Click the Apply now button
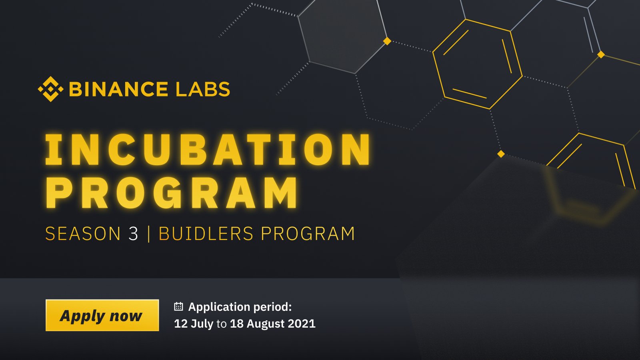(x=102, y=315)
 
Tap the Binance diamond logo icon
(x=50, y=89)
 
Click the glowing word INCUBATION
(x=208, y=150)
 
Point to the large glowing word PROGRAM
(x=172, y=193)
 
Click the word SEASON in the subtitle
(x=83, y=234)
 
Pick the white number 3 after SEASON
(x=133, y=234)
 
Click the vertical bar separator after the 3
(x=149, y=234)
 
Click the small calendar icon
(x=178, y=307)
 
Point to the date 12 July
(x=194, y=324)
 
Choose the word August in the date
(x=264, y=324)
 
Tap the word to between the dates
(x=222, y=324)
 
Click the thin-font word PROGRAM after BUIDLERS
(x=308, y=234)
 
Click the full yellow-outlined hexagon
(x=477, y=64)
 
